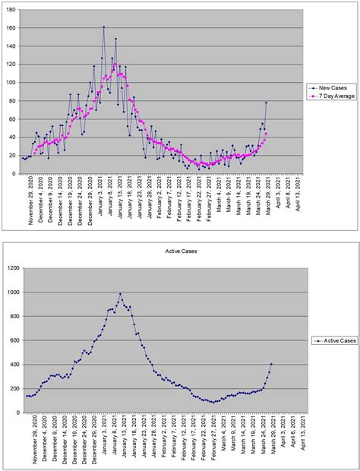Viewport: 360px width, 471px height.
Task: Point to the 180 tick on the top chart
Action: click(x=11, y=10)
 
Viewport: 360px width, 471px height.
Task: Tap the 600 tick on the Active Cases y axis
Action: click(x=16, y=340)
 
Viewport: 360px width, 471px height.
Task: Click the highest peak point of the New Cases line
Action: click(x=104, y=27)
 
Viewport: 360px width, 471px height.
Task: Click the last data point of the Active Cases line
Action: click(x=271, y=364)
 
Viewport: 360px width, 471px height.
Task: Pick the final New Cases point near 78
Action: click(x=267, y=103)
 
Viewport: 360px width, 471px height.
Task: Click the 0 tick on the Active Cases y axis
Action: click(x=20, y=413)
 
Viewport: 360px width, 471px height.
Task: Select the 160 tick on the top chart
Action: click(x=11, y=28)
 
